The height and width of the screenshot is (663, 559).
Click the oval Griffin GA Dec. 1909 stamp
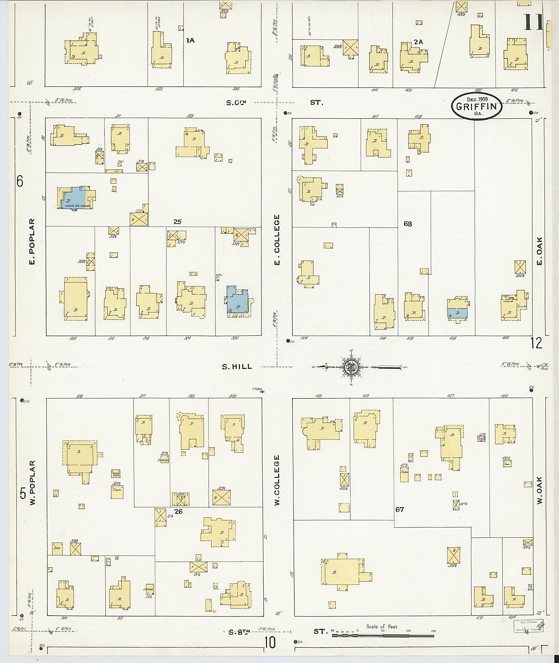click(x=477, y=106)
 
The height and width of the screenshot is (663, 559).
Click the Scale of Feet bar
click(x=382, y=636)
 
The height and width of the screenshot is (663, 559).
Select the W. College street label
click(x=277, y=480)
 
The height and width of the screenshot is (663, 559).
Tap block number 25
click(x=177, y=222)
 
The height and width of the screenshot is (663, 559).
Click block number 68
click(x=408, y=224)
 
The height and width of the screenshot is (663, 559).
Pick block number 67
click(x=400, y=510)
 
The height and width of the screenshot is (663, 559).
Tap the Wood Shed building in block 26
click(x=116, y=474)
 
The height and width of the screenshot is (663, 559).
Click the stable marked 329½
click(x=222, y=498)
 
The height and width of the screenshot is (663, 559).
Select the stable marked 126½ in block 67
click(x=453, y=555)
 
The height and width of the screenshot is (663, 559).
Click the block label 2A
click(x=418, y=42)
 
